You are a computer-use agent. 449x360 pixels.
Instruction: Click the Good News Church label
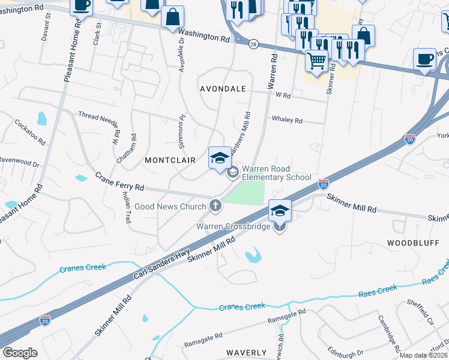pyautogui.click(x=170, y=206)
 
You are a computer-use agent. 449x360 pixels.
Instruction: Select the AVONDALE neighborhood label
pyautogui.click(x=223, y=89)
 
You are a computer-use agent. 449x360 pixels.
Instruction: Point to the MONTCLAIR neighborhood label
pyautogui.click(x=167, y=161)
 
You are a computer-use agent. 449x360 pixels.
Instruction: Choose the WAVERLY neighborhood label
pyautogui.click(x=246, y=352)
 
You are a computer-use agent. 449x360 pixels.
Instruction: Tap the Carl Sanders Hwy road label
pyautogui.click(x=163, y=265)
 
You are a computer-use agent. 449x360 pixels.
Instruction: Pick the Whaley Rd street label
pyautogui.click(x=287, y=120)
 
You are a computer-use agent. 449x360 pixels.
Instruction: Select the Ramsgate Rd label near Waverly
pyautogui.click(x=203, y=340)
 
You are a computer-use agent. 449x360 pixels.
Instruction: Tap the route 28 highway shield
pyautogui.click(x=253, y=45)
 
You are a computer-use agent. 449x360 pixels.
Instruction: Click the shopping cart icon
pyautogui.click(x=316, y=60)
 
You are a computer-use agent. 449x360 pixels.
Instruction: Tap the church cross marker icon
pyautogui.click(x=215, y=206)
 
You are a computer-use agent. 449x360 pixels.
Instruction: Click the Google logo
pyautogui.click(x=20, y=353)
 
